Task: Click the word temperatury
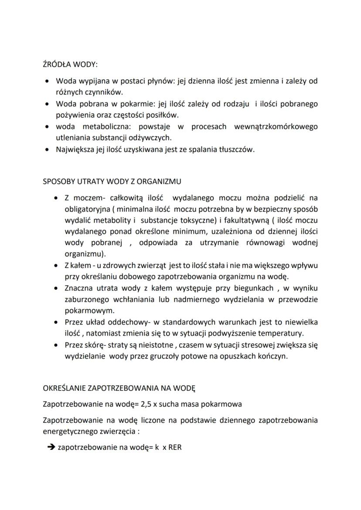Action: click(x=281, y=334)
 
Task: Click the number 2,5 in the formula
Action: click(x=146, y=404)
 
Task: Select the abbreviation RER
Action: click(x=174, y=446)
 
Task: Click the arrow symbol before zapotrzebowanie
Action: click(x=50, y=446)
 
